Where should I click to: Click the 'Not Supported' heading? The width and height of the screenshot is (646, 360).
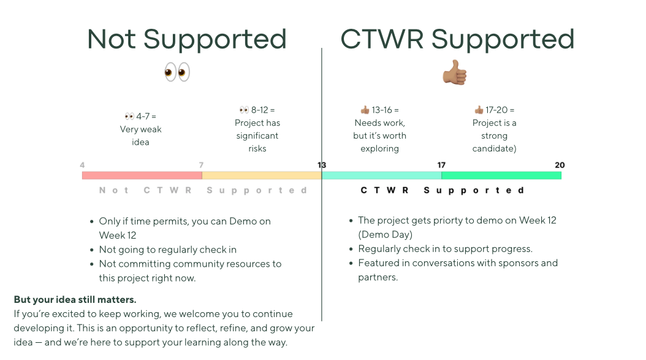point(187,39)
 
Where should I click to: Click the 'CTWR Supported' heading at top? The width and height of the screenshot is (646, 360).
point(457,39)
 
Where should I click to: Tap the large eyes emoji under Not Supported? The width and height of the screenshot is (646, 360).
point(177,72)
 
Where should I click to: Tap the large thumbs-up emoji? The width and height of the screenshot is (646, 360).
point(455,72)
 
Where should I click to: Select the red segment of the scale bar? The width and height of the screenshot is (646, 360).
point(142,175)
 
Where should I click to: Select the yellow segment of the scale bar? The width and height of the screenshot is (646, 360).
point(262,175)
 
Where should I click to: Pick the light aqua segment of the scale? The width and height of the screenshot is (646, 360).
point(381,175)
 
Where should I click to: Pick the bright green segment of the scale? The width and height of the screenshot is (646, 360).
point(501,175)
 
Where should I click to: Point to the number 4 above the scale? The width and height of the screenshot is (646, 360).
point(82,165)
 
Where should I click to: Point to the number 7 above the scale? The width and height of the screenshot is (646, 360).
point(201,165)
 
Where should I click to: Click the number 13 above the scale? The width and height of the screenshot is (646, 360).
point(322,165)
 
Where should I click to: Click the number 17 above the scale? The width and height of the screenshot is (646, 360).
point(441,165)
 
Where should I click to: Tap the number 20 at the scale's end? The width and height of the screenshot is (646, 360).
point(560,165)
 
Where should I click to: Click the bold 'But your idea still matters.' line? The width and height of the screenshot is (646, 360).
point(75,300)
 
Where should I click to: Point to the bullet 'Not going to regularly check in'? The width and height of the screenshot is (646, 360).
point(167,250)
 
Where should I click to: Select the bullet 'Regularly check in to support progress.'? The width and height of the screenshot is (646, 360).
point(445,249)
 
